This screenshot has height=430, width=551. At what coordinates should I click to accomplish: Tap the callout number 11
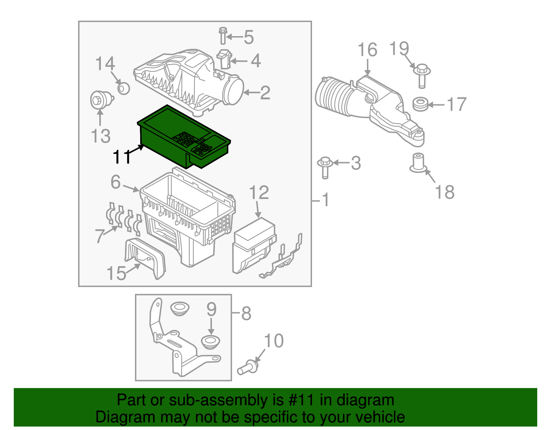pos(122,157)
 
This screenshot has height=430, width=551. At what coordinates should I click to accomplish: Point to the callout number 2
pos(265,93)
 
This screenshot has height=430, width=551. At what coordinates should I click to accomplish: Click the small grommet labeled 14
pos(123,88)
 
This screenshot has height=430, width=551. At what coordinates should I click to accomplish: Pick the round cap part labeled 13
pos(99,100)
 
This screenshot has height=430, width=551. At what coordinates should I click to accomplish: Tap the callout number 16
pos(367,50)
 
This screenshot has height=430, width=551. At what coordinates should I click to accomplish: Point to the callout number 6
pos(116,182)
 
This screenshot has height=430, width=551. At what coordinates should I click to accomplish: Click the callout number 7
pos(99,236)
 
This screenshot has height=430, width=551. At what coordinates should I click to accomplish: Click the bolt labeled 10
pos(247,368)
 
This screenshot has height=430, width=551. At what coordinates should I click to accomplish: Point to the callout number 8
pos(246,313)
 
